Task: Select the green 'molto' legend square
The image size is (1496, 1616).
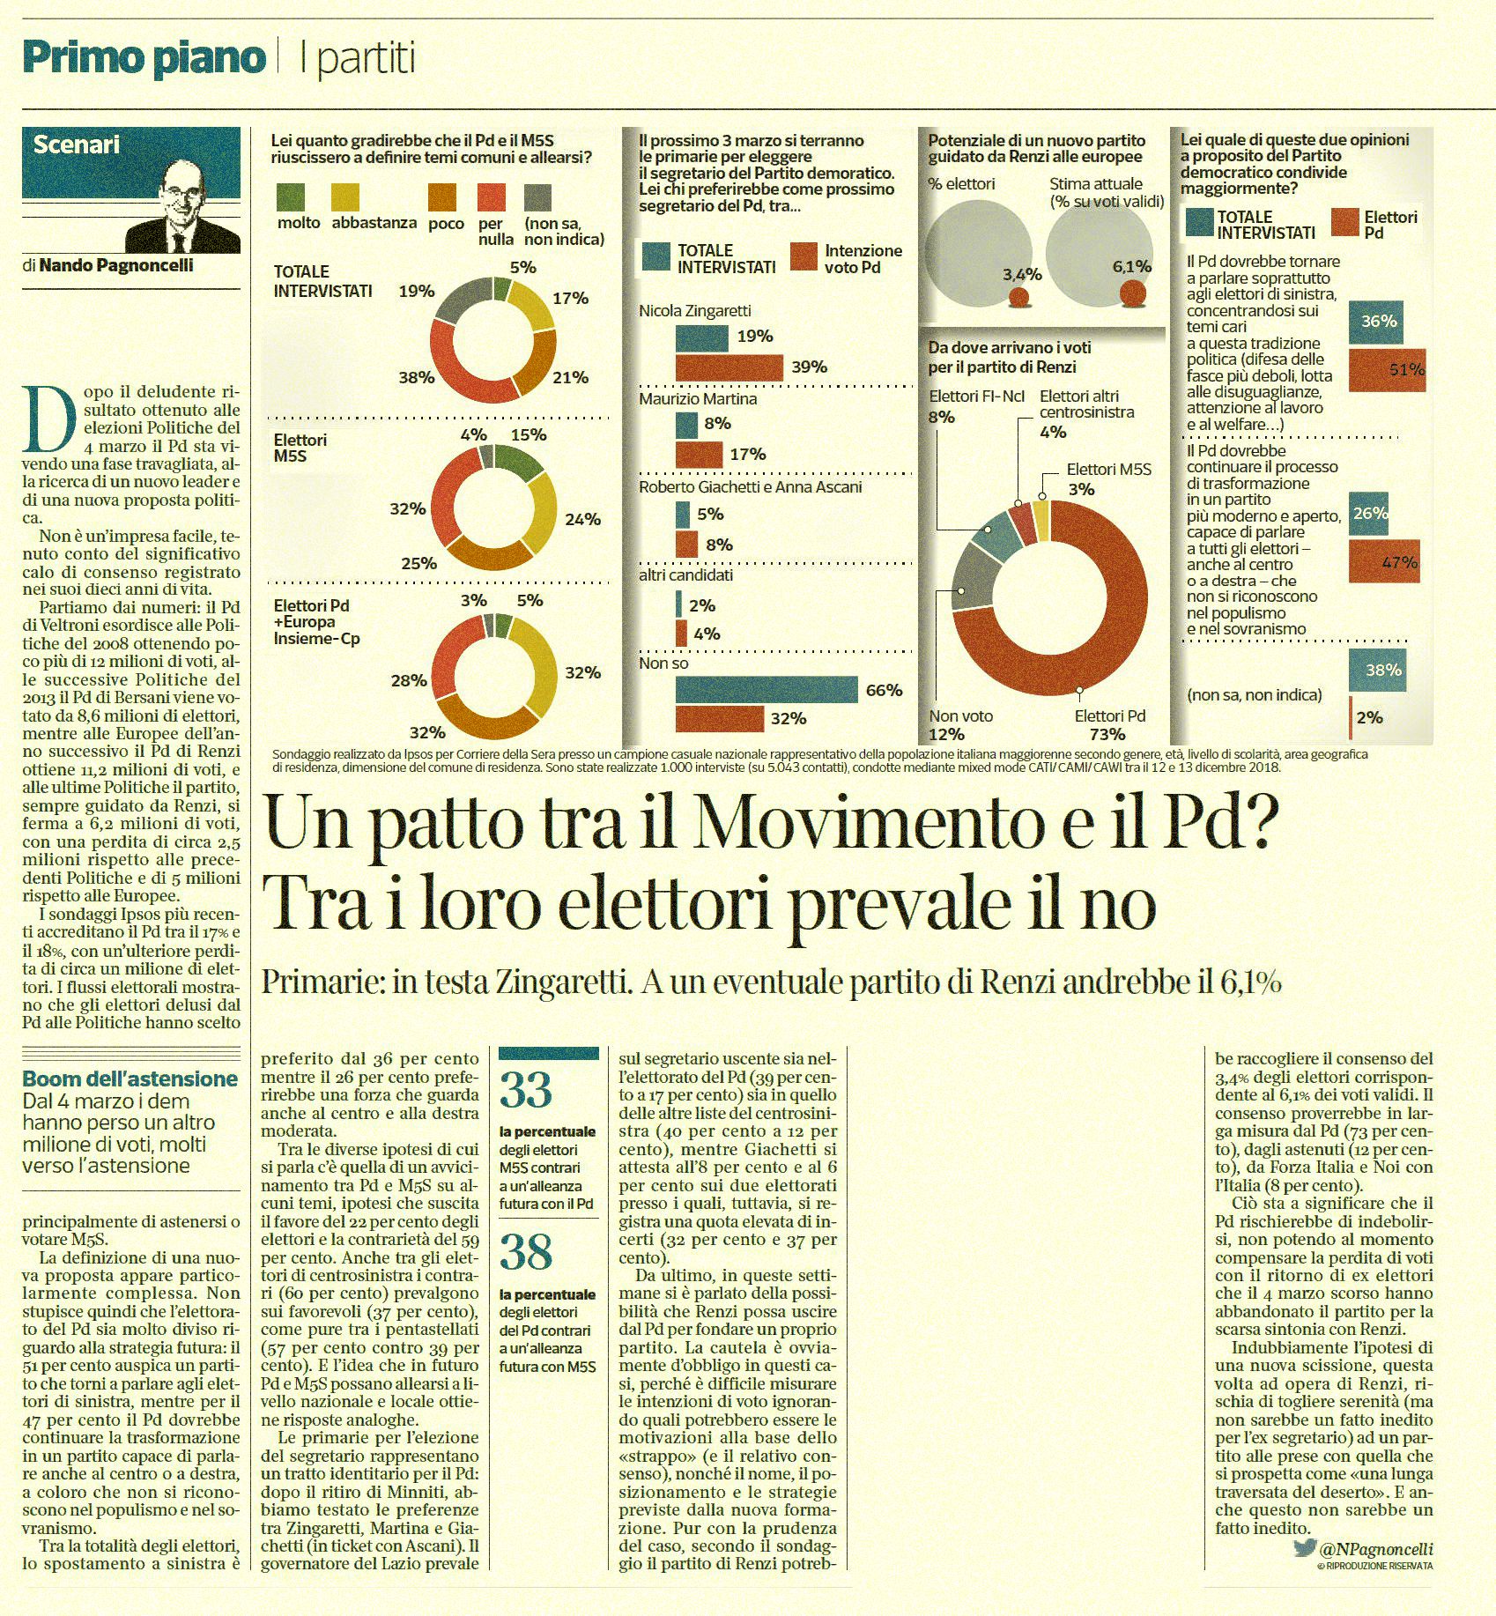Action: pyautogui.click(x=291, y=196)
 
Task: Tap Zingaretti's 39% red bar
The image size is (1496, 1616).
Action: pyautogui.click(x=729, y=367)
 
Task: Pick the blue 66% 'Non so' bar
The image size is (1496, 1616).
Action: pyautogui.click(x=767, y=690)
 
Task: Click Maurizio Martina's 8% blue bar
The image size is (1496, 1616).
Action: pyautogui.click(x=686, y=425)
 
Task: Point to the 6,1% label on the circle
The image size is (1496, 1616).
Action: pyautogui.click(x=1132, y=266)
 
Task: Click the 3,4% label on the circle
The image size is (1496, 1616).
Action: pyautogui.click(x=1022, y=274)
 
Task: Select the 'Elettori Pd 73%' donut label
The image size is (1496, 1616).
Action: pyautogui.click(x=1109, y=725)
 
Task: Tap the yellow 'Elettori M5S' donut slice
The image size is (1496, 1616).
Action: pyautogui.click(x=1041, y=521)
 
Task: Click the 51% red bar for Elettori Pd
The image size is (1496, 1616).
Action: pyautogui.click(x=1388, y=370)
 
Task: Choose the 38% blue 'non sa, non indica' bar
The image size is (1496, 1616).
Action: pyautogui.click(x=1377, y=671)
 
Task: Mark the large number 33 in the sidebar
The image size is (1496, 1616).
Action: pyautogui.click(x=526, y=1090)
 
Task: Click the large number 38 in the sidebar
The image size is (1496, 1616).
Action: pyautogui.click(x=526, y=1252)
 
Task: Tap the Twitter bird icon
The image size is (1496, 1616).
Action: pyautogui.click(x=1304, y=1548)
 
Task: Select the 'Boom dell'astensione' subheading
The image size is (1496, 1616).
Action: pyautogui.click(x=130, y=1079)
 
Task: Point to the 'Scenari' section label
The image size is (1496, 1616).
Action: pyautogui.click(x=76, y=145)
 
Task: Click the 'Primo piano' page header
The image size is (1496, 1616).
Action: pyautogui.click(x=144, y=58)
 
